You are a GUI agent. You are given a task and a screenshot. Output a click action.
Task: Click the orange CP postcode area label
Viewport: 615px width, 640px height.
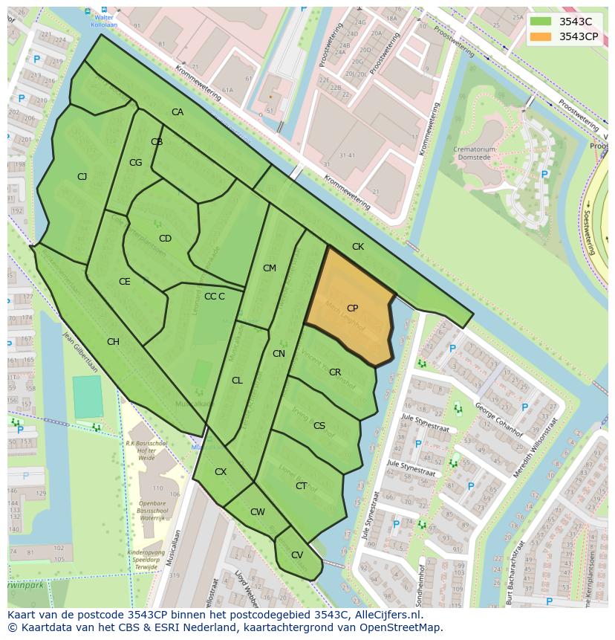coord(352,308)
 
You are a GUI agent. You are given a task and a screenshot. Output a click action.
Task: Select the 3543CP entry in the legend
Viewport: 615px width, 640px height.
coord(578,36)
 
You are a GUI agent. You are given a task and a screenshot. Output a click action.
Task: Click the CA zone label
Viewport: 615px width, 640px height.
coord(178,112)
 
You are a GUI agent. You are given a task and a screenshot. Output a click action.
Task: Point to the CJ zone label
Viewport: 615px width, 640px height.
coord(82,176)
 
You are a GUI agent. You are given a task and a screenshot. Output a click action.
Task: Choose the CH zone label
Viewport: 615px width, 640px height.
coord(113,342)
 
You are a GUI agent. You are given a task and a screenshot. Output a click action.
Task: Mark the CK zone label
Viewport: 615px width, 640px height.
coord(358,246)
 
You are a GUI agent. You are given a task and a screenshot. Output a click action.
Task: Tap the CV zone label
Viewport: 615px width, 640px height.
coord(296,555)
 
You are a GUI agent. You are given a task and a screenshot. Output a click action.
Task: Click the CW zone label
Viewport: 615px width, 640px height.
coord(257,511)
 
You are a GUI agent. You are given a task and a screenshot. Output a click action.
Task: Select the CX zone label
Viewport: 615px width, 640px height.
coord(221,471)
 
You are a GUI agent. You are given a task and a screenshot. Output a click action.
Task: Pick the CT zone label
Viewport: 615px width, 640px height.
coord(301,486)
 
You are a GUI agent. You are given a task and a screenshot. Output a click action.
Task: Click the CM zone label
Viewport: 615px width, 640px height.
coord(269,268)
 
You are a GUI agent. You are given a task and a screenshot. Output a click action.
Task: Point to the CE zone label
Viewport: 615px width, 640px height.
coord(124,282)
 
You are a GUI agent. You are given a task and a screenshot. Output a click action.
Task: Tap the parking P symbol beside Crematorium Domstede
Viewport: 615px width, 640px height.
coord(544,174)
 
